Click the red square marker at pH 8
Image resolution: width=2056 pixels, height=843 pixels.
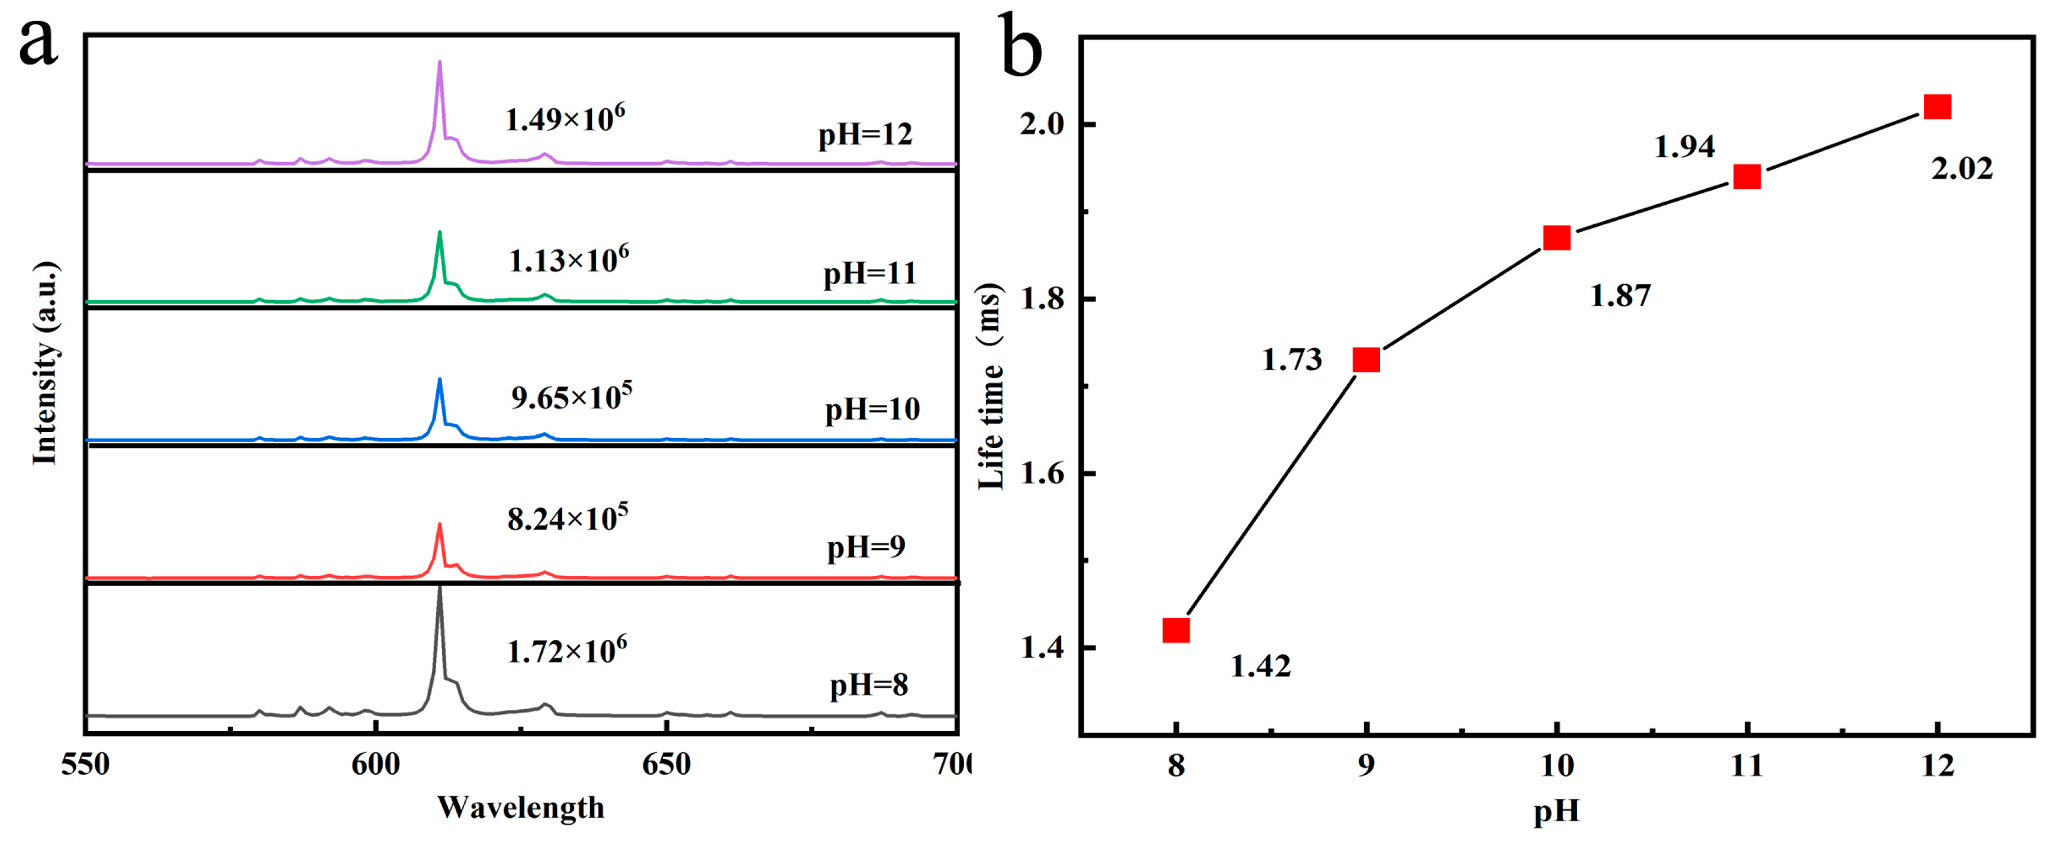[1175, 630]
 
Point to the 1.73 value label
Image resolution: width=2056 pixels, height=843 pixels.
[1291, 360]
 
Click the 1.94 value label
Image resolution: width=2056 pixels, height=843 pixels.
[1684, 147]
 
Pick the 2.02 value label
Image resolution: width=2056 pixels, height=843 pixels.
[1962, 169]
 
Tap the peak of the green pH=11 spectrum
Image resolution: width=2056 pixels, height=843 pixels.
[439, 234]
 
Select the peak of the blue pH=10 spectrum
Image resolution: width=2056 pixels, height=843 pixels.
[439, 381]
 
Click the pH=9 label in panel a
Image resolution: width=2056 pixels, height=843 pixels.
[866, 548]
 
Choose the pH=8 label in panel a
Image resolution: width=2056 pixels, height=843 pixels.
[868, 685]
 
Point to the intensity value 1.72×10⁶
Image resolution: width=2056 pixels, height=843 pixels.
[567, 651]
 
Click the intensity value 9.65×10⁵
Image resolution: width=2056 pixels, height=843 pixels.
[572, 396]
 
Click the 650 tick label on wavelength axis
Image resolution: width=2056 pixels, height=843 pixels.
[666, 765]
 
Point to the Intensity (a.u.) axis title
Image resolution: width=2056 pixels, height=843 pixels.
[46, 363]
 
